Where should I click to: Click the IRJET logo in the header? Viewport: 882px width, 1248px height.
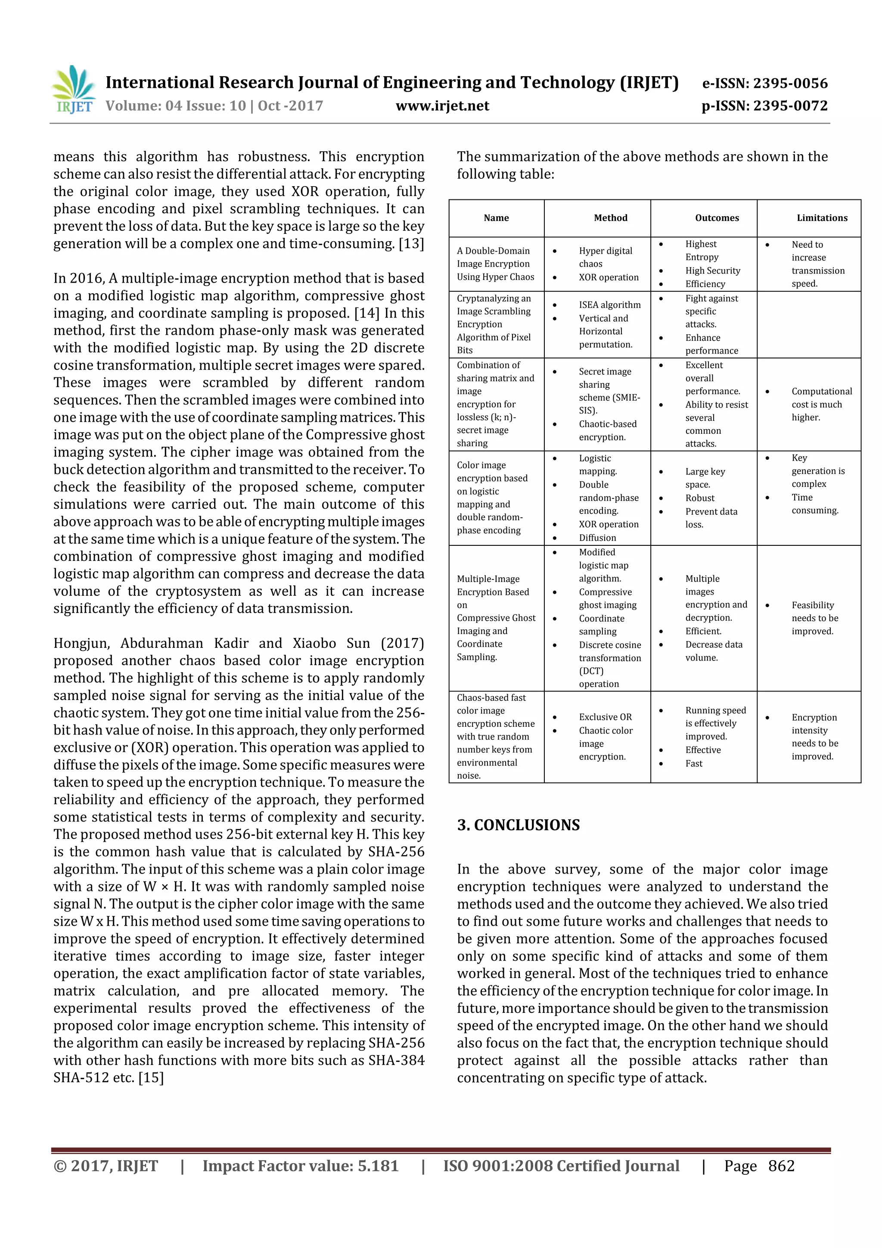point(73,89)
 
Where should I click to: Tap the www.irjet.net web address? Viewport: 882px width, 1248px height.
point(442,106)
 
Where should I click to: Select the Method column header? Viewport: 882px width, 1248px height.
point(610,218)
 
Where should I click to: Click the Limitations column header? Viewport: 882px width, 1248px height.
point(822,218)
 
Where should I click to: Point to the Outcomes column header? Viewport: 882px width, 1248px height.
point(716,218)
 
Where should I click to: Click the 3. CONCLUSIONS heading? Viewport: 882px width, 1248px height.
point(519,825)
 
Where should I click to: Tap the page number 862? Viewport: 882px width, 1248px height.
point(782,1165)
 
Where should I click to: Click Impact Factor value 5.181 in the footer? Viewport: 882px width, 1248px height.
point(301,1165)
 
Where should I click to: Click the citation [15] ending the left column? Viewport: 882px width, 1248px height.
point(151,1077)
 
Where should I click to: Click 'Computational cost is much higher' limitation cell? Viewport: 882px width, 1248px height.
point(821,405)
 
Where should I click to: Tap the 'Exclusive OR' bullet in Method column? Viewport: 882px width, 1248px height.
point(605,717)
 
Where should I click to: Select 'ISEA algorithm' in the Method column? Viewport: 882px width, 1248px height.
point(609,305)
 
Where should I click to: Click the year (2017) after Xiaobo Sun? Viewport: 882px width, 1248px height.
point(402,643)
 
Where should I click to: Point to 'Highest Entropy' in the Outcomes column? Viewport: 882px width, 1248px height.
point(701,251)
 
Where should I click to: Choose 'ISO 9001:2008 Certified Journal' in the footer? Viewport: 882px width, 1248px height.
point(561,1165)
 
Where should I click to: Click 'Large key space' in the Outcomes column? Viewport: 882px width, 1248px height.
point(705,478)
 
